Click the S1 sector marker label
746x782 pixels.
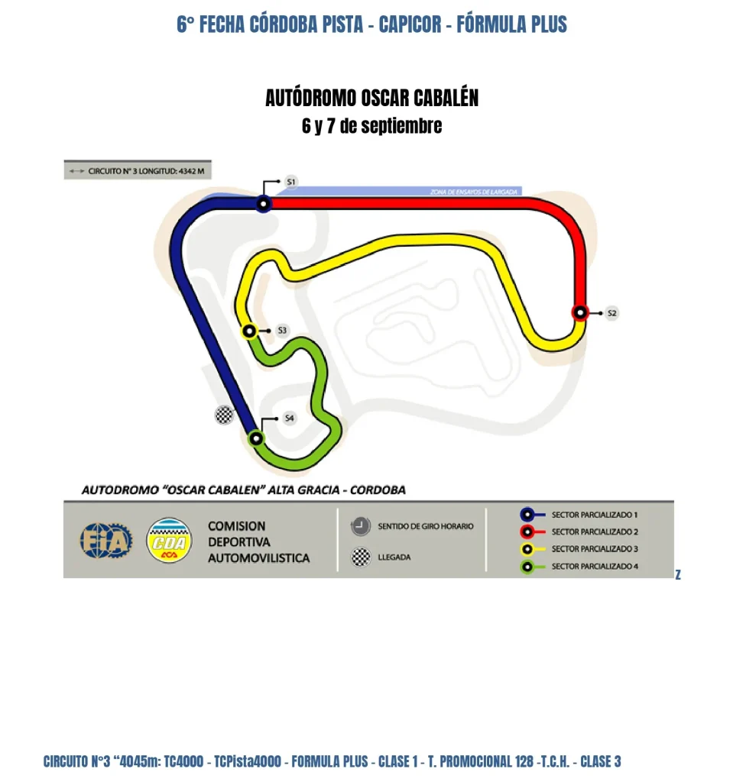coord(290,182)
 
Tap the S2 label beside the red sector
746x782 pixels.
coord(611,312)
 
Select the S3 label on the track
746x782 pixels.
coord(282,331)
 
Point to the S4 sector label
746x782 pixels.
coord(289,418)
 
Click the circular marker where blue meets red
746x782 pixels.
coord(264,204)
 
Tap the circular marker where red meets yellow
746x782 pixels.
coord(580,312)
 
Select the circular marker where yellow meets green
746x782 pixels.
coord(248,331)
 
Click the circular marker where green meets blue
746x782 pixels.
coord(256,438)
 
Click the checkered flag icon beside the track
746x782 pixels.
coord(223,415)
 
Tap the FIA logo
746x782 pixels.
coord(106,540)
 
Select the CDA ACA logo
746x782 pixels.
coord(170,541)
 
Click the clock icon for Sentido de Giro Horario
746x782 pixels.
coord(360,526)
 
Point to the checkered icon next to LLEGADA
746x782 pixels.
coord(360,557)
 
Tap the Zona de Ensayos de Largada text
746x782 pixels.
coord(474,192)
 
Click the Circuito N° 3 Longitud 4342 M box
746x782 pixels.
coord(138,171)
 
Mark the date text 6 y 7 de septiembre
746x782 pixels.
coord(371,126)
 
